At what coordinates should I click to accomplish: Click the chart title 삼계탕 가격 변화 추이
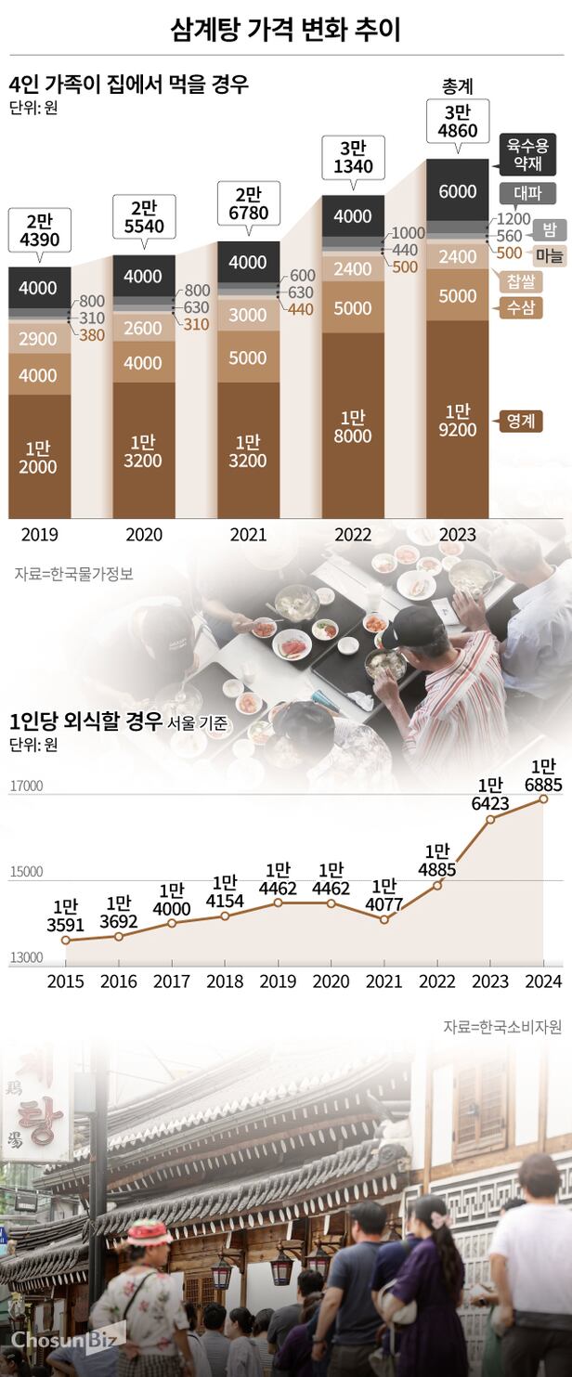(x=286, y=30)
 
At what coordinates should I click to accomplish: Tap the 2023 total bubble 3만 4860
(x=458, y=122)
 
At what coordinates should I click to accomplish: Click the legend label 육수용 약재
(x=527, y=154)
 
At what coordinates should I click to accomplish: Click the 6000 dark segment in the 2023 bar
(x=458, y=191)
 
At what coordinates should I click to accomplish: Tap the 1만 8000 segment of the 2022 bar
(x=353, y=427)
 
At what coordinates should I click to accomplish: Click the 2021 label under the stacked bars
(x=248, y=535)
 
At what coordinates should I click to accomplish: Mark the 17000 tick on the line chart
(x=27, y=786)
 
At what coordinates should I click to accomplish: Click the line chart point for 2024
(x=543, y=799)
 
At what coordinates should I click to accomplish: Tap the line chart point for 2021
(x=384, y=919)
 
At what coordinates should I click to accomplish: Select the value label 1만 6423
(x=490, y=796)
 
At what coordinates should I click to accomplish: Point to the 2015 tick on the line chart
(x=65, y=981)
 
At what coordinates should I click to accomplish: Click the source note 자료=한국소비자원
(x=501, y=1027)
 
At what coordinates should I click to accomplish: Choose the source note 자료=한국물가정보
(x=73, y=574)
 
